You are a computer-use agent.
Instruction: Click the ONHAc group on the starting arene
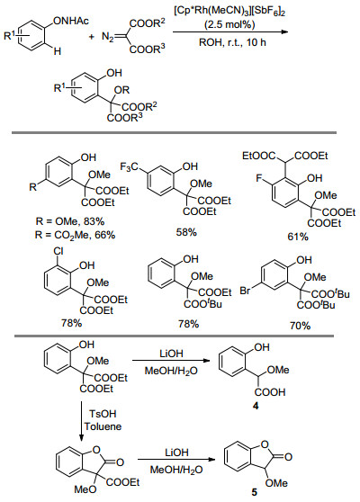(71, 21)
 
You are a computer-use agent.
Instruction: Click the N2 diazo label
(108, 37)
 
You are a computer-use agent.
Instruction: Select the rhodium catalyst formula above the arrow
(229, 12)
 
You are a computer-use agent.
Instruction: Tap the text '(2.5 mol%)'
(229, 24)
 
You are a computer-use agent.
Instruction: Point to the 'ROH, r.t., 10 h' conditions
(232, 42)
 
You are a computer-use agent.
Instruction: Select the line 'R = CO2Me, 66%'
(75, 236)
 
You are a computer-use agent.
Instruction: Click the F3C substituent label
(129, 166)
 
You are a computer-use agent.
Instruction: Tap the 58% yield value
(186, 232)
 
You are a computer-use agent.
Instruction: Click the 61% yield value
(298, 237)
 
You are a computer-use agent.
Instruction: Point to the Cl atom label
(58, 252)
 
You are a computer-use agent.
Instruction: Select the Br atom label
(246, 291)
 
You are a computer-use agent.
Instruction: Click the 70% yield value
(300, 326)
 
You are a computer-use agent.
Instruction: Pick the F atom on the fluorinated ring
(259, 178)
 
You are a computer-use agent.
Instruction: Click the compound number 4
(256, 406)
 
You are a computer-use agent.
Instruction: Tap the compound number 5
(255, 492)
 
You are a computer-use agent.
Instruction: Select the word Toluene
(103, 426)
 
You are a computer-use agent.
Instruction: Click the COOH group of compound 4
(270, 392)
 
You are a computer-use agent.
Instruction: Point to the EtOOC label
(259, 156)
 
